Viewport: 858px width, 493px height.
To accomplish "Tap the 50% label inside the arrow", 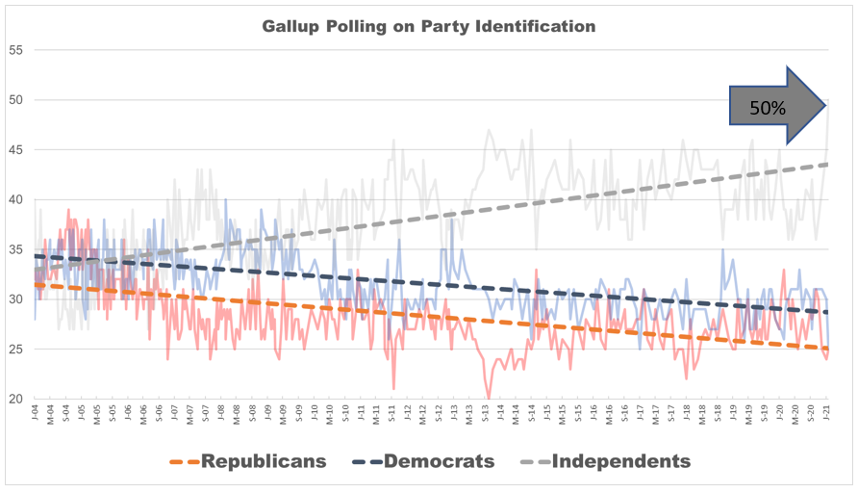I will click(767, 108).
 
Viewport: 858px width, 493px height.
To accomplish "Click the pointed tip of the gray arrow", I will click(825, 106).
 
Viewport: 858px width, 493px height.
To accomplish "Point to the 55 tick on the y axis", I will click(16, 50).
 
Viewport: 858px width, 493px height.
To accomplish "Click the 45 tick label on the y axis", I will click(16, 150).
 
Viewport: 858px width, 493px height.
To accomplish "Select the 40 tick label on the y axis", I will click(16, 200).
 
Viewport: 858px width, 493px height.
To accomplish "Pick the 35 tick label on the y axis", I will click(16, 250).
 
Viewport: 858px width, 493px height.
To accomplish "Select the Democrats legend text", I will click(439, 461).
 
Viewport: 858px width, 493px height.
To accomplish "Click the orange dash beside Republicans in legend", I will click(187, 462).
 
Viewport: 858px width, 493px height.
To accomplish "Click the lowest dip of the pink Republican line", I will click(488, 397).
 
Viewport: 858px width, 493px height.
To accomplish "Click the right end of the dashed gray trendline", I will click(827, 165).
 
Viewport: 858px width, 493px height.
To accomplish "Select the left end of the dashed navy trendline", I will click(36, 256).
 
